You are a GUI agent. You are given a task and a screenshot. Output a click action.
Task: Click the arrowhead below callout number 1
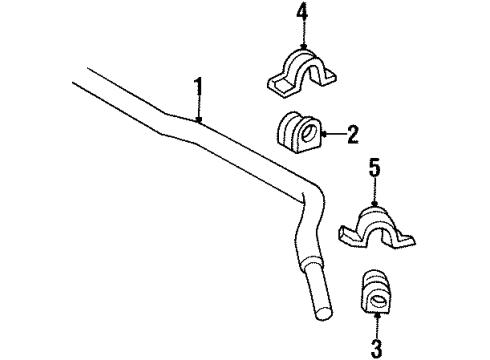click(200, 122)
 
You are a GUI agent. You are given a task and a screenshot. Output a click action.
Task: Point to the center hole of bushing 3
click(381, 299)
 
